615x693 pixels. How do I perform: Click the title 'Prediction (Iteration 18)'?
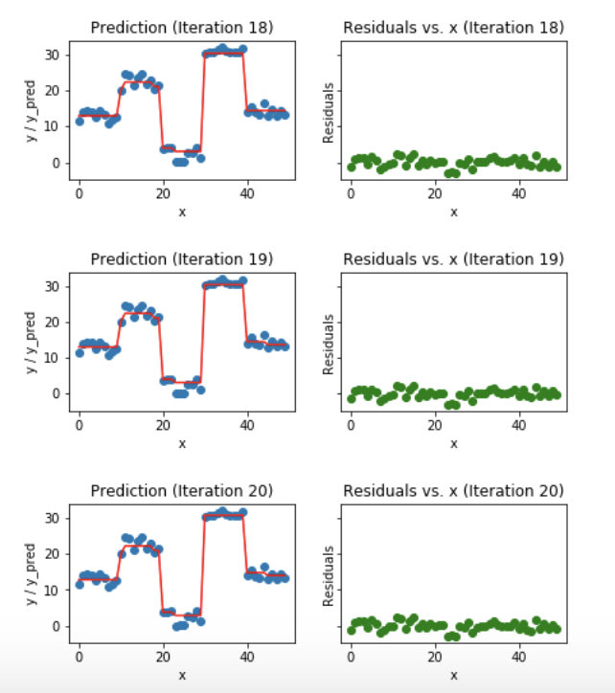[x=182, y=28]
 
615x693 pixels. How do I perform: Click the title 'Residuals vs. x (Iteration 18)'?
[x=453, y=28]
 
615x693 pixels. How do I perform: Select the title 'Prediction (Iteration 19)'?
[x=182, y=259]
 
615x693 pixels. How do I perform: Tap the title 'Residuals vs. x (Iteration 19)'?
[x=453, y=259]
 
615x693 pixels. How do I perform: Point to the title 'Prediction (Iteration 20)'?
[x=182, y=491]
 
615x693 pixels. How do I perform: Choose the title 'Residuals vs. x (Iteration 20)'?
[x=453, y=491]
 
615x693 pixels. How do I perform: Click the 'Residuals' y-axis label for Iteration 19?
[x=330, y=343]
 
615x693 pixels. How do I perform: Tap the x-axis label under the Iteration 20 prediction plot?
[x=182, y=675]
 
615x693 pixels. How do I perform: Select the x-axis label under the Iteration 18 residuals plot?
[x=453, y=212]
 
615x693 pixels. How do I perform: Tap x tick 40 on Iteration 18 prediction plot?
[x=247, y=193]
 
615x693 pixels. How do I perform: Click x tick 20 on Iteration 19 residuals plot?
[x=434, y=425]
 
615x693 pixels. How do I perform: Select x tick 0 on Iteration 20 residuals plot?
[x=351, y=657]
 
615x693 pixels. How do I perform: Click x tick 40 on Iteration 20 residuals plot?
[x=518, y=657]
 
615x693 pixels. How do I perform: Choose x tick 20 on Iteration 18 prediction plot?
[x=163, y=193]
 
